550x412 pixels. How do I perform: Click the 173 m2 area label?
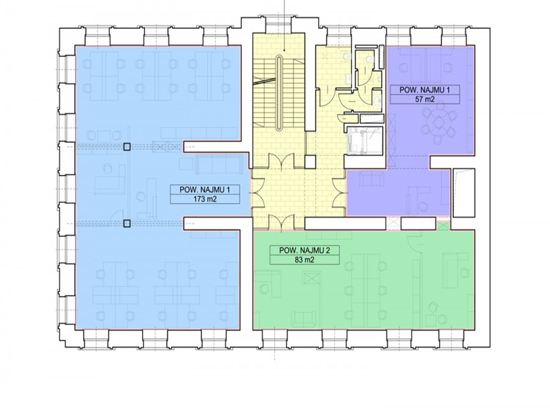205,199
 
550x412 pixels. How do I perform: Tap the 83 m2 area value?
304,260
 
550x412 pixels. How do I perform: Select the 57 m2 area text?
425,99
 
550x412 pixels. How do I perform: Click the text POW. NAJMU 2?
305,251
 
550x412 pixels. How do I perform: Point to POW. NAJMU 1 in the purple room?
425,90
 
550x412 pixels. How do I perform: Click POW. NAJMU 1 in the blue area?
205,190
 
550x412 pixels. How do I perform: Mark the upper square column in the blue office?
127,147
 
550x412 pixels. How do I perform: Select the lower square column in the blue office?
127,223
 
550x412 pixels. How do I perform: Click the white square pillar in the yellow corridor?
311,162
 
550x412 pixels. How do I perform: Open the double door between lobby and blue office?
257,192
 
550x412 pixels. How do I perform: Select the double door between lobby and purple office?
340,192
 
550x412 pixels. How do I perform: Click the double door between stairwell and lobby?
281,161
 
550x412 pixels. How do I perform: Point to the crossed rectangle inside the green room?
311,279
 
